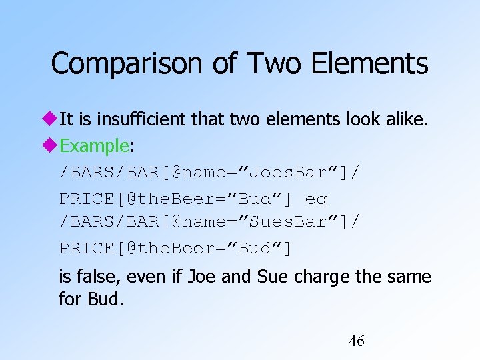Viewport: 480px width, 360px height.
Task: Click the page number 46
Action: point(357,341)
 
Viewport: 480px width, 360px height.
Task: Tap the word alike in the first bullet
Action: point(407,119)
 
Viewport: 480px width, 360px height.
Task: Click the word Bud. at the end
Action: point(105,299)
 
